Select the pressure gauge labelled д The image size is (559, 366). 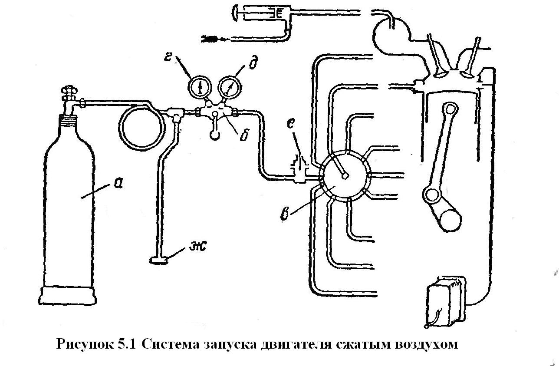(229, 86)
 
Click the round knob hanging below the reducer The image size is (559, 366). (215, 135)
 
